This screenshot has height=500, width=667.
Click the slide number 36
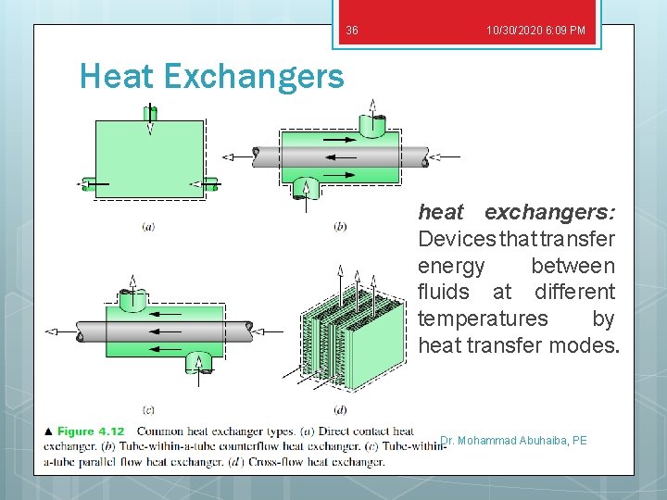click(x=352, y=31)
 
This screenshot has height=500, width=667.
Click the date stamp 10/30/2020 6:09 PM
click(x=535, y=31)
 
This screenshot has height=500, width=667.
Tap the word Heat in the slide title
click(x=120, y=75)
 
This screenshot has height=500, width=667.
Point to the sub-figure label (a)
click(x=148, y=225)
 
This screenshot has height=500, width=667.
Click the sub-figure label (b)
click(x=340, y=225)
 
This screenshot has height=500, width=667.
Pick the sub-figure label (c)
click(x=148, y=408)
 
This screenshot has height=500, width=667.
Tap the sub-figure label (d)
click(x=340, y=408)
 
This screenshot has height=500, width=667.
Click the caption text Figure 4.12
click(x=91, y=431)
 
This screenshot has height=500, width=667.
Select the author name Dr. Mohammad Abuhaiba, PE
click(x=514, y=441)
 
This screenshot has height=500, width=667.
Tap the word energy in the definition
click(x=451, y=266)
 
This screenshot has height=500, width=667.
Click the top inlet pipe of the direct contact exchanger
click(x=150, y=115)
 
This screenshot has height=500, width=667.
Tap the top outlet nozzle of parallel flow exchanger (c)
click(x=132, y=299)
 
